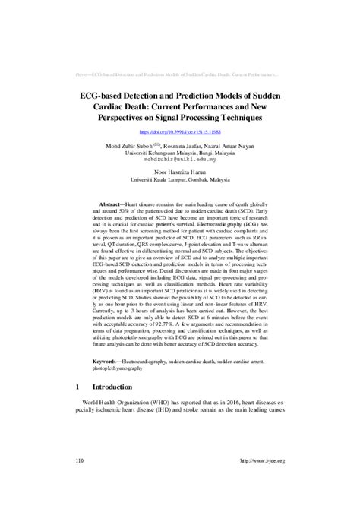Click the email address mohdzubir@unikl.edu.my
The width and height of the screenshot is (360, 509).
click(180, 160)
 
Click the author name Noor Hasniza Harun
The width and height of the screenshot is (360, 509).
click(180, 172)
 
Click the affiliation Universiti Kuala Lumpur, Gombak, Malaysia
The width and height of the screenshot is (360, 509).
click(180, 180)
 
